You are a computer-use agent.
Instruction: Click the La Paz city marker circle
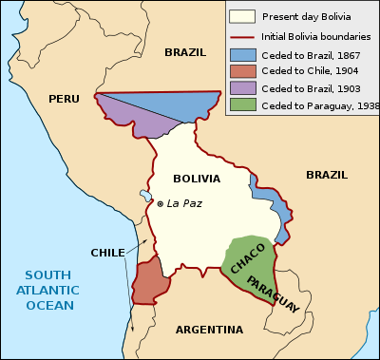tap(161, 204)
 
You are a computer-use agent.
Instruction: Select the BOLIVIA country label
tap(197, 179)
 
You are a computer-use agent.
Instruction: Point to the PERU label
tap(66, 98)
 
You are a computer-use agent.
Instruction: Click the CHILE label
tap(107, 253)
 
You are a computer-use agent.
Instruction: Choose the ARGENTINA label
tap(208, 330)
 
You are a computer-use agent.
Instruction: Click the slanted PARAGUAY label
tap(273, 294)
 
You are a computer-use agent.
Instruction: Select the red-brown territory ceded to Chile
tap(149, 282)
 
